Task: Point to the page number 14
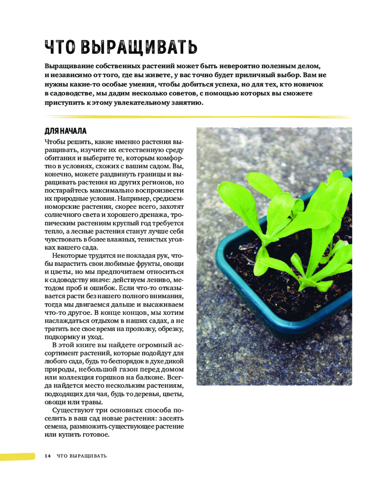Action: point(47,456)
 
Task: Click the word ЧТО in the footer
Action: point(63,456)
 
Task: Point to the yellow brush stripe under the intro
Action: point(195,117)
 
